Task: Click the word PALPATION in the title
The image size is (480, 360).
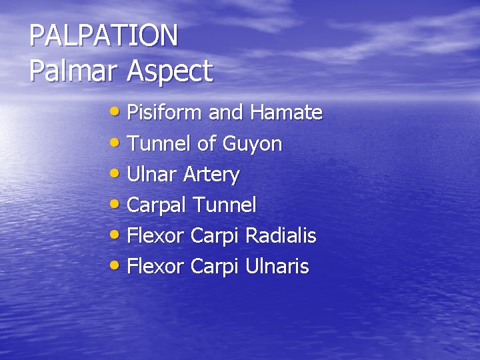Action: click(104, 35)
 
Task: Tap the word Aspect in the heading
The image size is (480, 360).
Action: click(170, 71)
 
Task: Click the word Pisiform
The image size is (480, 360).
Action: click(165, 113)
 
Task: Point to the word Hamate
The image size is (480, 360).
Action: click(286, 113)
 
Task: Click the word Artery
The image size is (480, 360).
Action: click(211, 175)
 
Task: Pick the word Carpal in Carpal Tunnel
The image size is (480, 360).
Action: click(156, 205)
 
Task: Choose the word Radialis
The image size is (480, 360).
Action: click(281, 236)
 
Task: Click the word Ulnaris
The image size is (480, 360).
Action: click(277, 267)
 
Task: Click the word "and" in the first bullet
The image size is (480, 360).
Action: click(226, 113)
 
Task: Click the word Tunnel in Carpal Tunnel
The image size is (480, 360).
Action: click(225, 205)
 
